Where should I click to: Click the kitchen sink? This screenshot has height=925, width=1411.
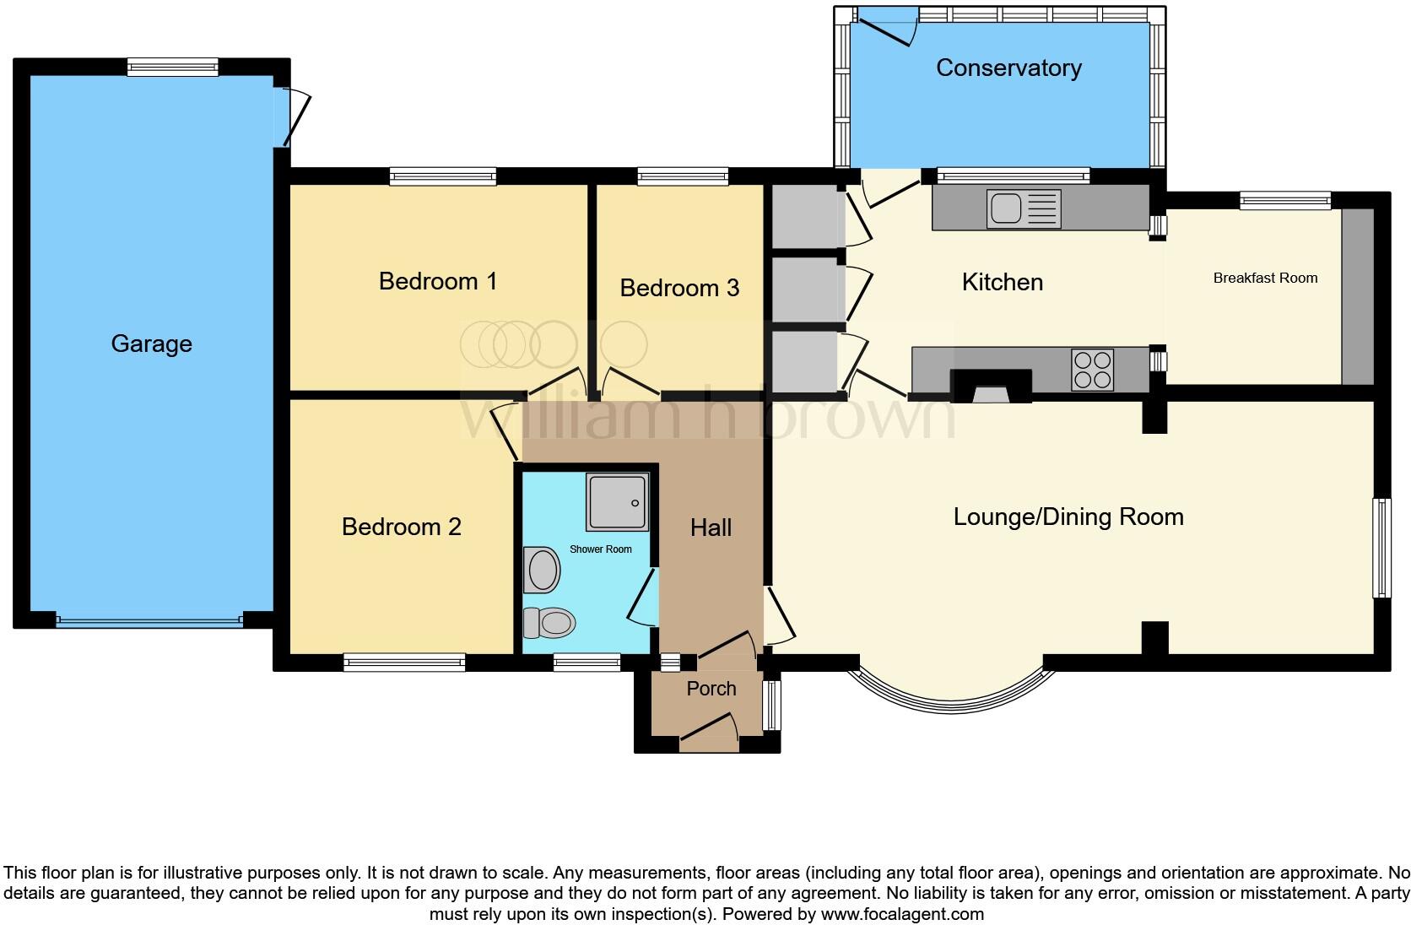coord(1023,208)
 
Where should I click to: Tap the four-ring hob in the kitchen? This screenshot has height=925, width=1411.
coord(1092,370)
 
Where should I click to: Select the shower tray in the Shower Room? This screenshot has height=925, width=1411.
coord(619,502)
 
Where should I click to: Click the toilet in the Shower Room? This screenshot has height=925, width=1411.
coord(549,624)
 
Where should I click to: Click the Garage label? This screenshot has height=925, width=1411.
coord(151,343)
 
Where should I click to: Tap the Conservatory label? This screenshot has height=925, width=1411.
coord(1008,68)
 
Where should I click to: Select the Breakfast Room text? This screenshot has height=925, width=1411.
coord(1264,278)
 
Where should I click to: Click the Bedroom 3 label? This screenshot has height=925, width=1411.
coord(679,288)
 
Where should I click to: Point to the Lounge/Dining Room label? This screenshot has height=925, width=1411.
coord(1068,517)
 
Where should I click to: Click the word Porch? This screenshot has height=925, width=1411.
coord(711,689)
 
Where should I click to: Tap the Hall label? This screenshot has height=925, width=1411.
coord(711,528)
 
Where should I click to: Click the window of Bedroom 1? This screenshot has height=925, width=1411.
coord(442,176)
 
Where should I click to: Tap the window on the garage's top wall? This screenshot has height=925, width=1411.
coord(172,67)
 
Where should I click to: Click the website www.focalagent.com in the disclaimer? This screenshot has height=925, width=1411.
coord(901,913)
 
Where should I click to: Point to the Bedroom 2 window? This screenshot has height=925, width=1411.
coord(403,663)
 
